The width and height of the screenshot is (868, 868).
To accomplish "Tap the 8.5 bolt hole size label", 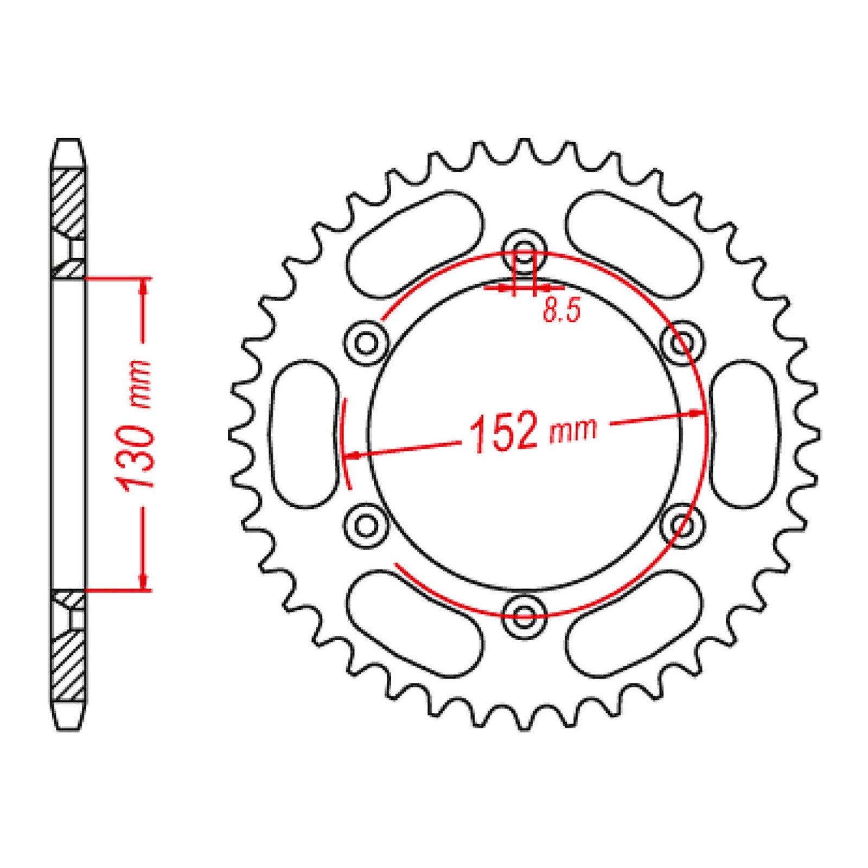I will [x=561, y=312].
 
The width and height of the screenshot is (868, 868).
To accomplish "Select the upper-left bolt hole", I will [x=367, y=342].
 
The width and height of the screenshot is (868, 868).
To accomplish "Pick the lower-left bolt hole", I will [x=367, y=525].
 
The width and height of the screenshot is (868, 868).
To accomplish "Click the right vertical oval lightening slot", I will [x=744, y=434].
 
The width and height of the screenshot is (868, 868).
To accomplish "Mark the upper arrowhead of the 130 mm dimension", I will [x=143, y=286].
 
